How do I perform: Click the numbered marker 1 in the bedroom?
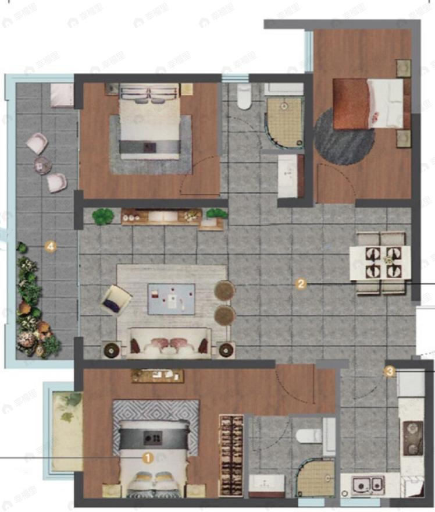click(x=148, y=458)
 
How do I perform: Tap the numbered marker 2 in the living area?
click(x=301, y=284)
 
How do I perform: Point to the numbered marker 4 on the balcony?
click(x=51, y=247)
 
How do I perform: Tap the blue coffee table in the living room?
click(x=171, y=299)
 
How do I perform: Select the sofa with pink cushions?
click(x=169, y=344)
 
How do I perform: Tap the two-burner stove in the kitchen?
click(x=412, y=438)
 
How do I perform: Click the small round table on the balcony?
click(x=42, y=165)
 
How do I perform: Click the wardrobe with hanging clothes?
click(x=231, y=456)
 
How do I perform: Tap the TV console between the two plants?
click(x=161, y=216)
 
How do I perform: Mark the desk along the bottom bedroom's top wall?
click(x=157, y=375)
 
